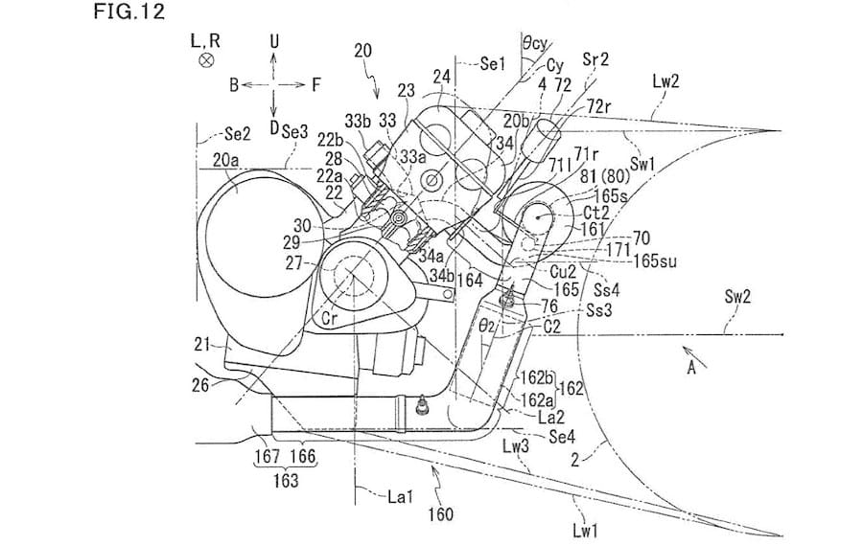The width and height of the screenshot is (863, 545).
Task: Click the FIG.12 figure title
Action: [x=129, y=11]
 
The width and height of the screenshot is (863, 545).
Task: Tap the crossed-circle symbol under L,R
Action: [x=206, y=60]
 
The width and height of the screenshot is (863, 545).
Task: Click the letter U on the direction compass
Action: [x=274, y=40]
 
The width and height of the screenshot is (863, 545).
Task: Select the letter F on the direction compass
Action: [x=316, y=84]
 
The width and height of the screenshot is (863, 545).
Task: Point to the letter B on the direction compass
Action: [x=234, y=85]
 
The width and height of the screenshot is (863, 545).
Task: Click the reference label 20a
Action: [x=226, y=160]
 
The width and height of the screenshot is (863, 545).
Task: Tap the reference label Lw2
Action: [x=666, y=81]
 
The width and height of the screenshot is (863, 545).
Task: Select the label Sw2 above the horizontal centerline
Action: [x=737, y=297]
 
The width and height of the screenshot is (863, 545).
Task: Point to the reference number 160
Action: [x=441, y=514]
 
